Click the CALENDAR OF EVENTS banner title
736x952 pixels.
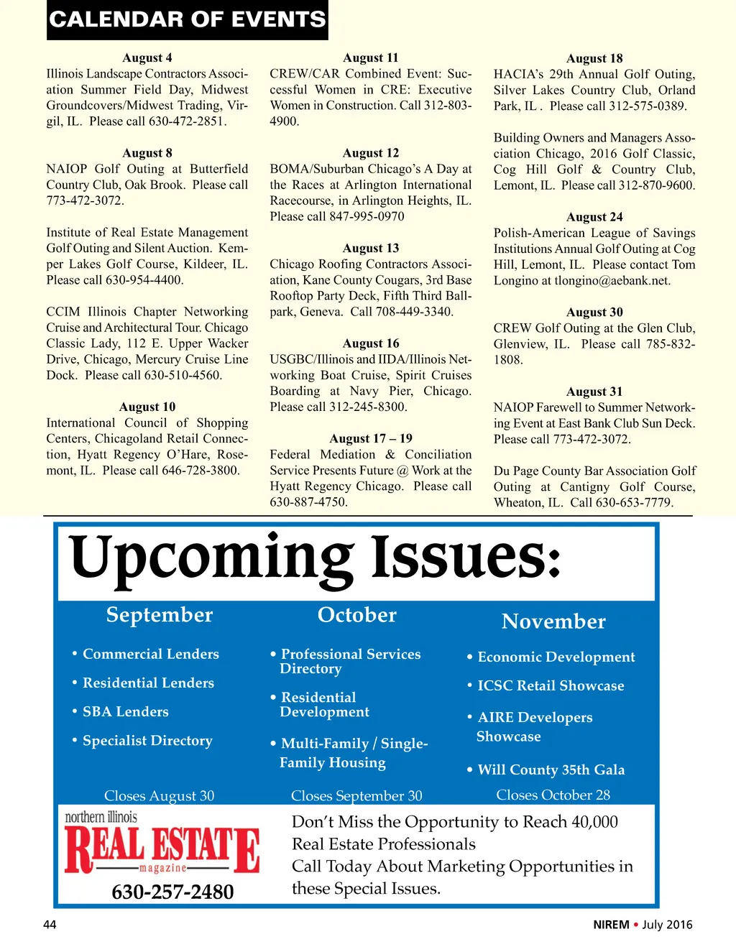[x=187, y=19]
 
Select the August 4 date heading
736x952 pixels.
[x=147, y=58]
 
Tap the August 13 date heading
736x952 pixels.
[x=371, y=249]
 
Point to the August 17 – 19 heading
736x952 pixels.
[x=371, y=439]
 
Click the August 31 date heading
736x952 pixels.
[x=594, y=392]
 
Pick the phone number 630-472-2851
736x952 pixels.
[x=187, y=121]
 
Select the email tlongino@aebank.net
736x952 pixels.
[x=612, y=281]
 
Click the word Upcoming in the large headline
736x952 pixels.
[x=212, y=559]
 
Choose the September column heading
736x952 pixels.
[x=160, y=615]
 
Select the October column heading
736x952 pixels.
[x=357, y=615]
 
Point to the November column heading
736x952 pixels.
[x=553, y=621]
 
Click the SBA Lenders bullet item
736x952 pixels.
[x=125, y=712]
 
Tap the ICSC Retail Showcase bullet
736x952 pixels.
[x=551, y=686]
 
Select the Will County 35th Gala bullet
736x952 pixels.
[x=551, y=770]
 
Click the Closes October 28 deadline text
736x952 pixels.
[x=553, y=795]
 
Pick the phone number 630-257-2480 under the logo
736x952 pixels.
[x=172, y=892]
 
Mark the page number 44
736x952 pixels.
[x=50, y=925]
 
